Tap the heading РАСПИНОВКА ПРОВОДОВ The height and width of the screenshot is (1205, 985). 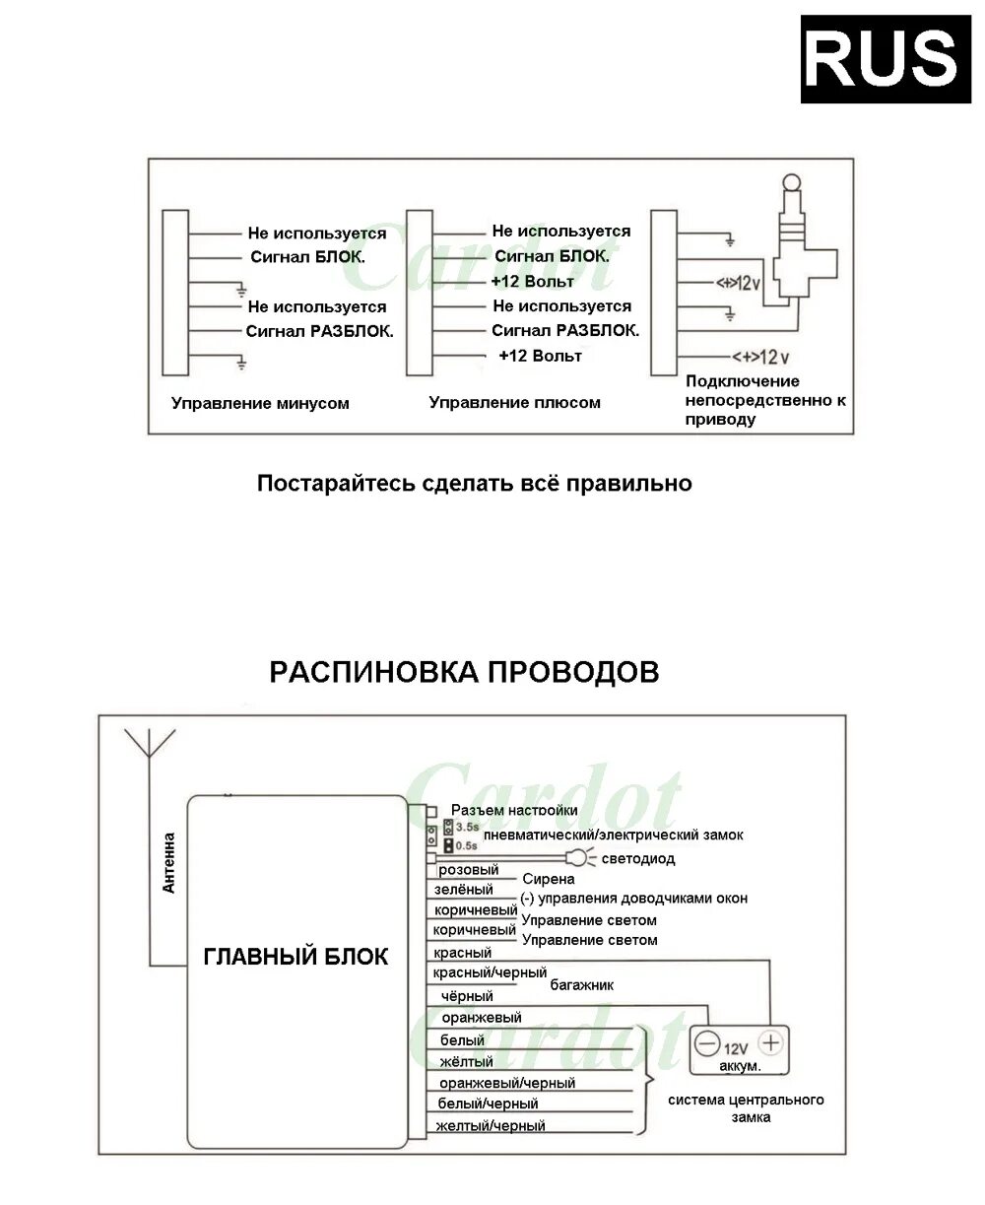[464, 672]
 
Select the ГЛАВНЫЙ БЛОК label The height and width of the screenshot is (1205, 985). [295, 957]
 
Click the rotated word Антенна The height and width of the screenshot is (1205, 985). [168, 863]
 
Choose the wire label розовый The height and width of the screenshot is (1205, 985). [468, 870]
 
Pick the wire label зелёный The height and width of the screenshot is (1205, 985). [463, 890]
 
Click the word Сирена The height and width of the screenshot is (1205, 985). [548, 879]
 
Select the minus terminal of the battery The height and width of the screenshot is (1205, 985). [706, 1042]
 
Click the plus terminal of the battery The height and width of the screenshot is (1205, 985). [770, 1042]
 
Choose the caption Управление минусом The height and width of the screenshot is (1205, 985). [260, 403]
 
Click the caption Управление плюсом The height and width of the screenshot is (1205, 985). [514, 402]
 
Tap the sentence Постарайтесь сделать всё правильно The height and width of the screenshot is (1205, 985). [474, 484]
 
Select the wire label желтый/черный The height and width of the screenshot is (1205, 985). [491, 1125]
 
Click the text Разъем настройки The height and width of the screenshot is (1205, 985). [513, 810]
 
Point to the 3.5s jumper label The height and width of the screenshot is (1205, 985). [466, 827]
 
